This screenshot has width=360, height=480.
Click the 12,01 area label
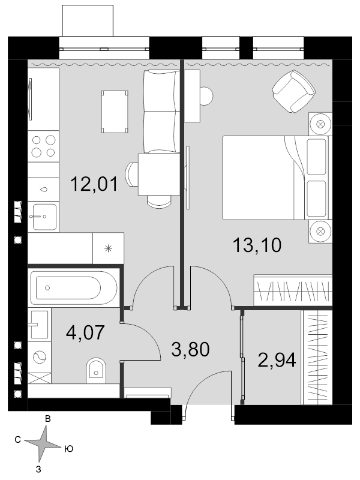coord(94,184)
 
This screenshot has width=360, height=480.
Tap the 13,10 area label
coord(257,245)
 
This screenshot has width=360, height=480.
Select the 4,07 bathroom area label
coord(85,332)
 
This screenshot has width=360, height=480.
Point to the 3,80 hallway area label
coord(190,349)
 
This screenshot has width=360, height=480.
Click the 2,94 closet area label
coord(277,359)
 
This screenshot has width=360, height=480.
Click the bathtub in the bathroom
coord(74,288)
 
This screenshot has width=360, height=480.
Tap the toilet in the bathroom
coord(96,371)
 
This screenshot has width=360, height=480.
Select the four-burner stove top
coord(43,146)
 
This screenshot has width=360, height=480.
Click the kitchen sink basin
coord(44,217)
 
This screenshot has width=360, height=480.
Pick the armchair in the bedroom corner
coord(293,91)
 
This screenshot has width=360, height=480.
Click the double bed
coord(277,178)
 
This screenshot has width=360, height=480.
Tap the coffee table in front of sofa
coord(115,112)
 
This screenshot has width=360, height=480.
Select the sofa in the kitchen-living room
coord(161,112)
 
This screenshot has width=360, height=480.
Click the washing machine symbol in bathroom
coord(40,357)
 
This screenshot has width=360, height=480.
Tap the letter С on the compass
coord(18,440)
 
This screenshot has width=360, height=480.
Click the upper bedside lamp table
coord(320,124)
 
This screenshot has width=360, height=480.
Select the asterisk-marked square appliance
coord(109,248)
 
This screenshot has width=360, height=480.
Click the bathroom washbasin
coord(38,325)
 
